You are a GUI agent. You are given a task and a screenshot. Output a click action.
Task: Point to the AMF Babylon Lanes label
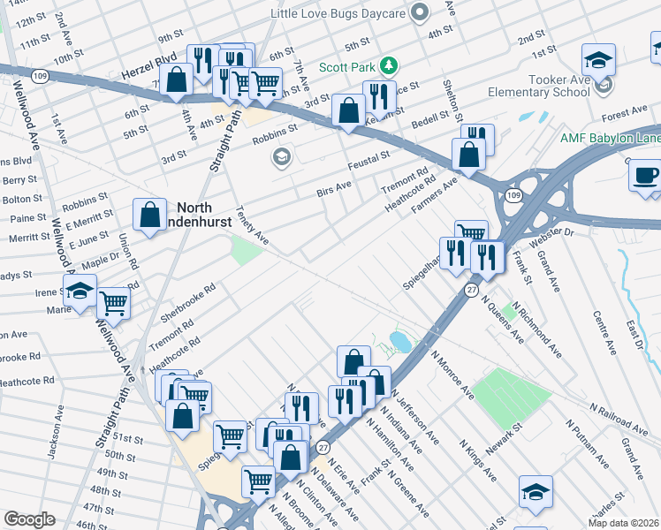611,139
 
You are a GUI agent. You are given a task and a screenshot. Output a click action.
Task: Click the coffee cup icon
646,173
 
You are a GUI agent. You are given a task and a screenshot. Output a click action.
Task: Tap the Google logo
29,519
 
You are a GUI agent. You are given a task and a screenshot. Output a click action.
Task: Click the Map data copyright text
623,523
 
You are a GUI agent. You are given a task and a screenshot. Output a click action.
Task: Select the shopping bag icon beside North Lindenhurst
149,214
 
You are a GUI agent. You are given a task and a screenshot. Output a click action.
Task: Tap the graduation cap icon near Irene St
80,289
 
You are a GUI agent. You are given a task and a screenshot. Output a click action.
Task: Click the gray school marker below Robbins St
282,158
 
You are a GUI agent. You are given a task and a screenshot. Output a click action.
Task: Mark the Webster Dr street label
551,237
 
